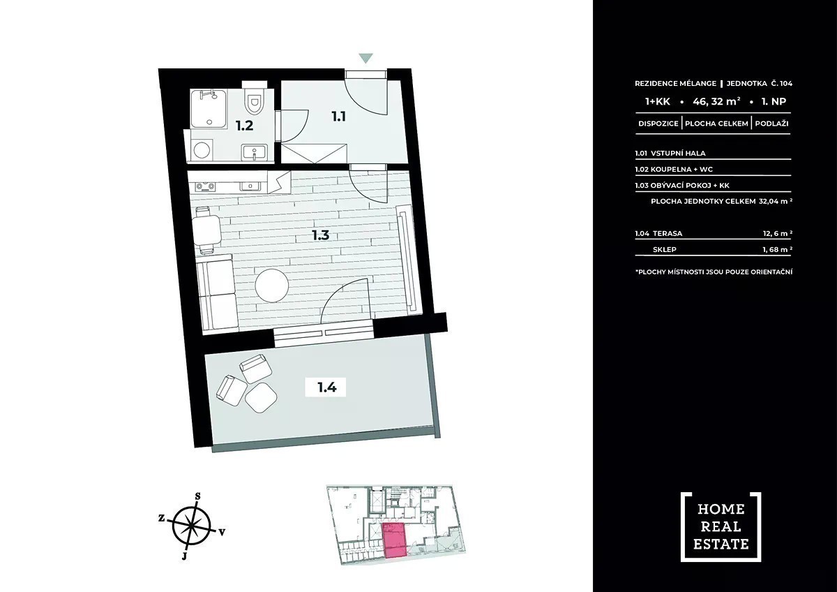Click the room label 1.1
338,117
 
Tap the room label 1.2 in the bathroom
244,126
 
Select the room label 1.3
320,235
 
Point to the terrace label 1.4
327,387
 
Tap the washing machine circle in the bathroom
202,150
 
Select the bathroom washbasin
255,152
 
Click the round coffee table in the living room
271,286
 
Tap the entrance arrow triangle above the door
365,59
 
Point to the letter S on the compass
198,496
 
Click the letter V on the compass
222,532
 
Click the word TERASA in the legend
668,233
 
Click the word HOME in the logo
721,509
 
